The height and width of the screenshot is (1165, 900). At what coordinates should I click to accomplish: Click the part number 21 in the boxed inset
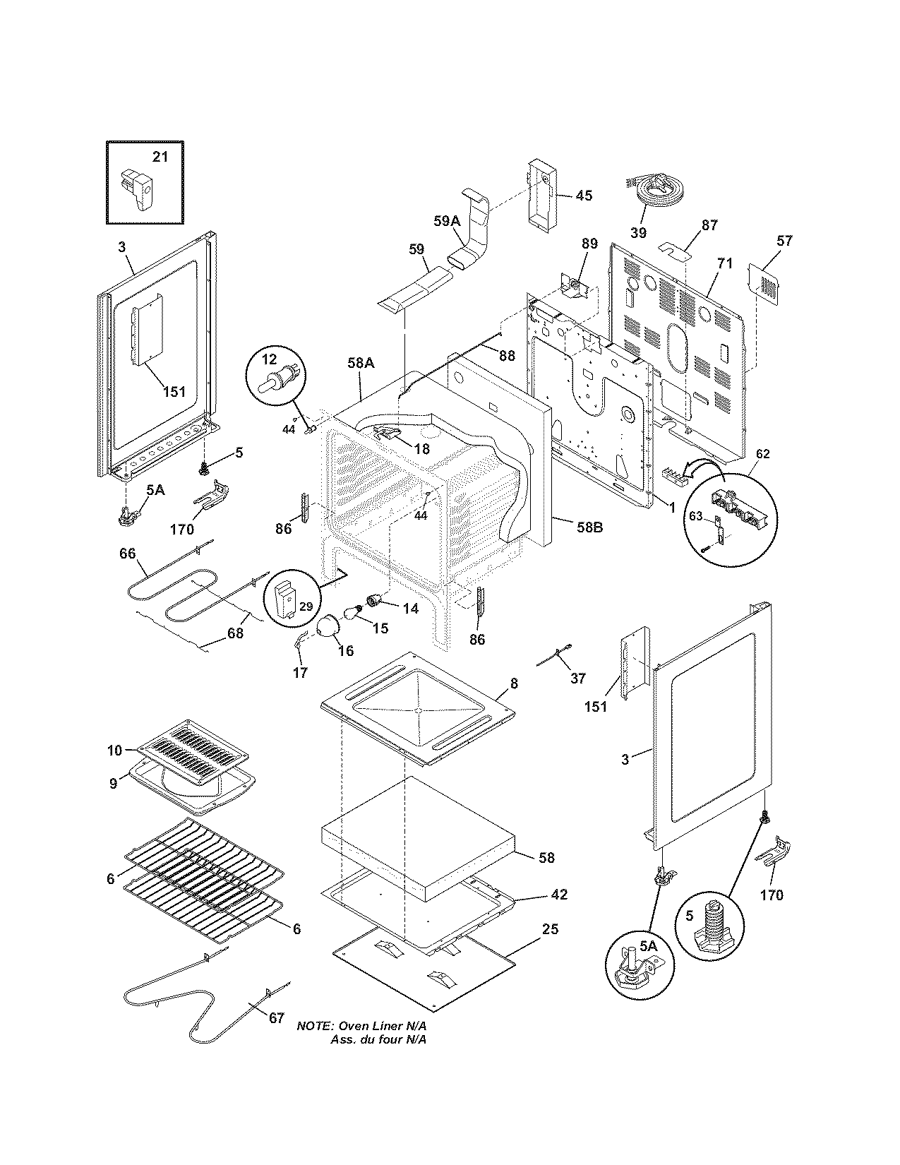pos(160,157)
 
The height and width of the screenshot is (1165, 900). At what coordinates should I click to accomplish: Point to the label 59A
pos(447,221)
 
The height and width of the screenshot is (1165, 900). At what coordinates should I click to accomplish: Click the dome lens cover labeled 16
pos(328,626)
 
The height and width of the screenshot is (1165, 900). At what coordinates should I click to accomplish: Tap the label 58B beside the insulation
pos(588,527)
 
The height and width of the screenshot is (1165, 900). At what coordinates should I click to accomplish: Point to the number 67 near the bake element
pos(276,1018)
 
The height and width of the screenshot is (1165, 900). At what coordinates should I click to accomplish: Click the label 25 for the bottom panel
pos(550,929)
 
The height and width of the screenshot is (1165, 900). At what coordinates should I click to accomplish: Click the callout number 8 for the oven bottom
pos(514,683)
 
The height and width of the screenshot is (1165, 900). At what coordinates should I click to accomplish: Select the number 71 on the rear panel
pos(725,264)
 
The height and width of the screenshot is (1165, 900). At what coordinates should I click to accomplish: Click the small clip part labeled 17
pos(299,642)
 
